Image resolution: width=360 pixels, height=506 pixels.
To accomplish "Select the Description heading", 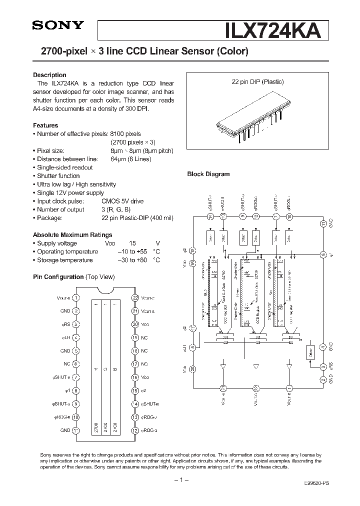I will point(49,75).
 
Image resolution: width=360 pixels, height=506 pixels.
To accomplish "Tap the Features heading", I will point(45,125).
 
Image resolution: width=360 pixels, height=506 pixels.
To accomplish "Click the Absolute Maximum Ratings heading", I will point(72,234).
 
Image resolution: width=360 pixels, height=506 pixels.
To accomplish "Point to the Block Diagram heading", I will point(208,174).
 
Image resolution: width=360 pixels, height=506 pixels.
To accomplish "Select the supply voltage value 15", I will point(132,243).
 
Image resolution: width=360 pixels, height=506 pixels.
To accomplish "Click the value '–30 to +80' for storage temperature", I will point(132,260).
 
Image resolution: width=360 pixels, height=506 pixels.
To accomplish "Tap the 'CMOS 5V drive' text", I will point(122,201).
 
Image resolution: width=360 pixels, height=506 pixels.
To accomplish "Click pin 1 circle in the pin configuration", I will point(75,297).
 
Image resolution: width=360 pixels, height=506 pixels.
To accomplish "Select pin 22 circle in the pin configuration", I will point(135,297).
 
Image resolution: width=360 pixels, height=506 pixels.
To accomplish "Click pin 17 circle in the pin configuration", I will point(135,364).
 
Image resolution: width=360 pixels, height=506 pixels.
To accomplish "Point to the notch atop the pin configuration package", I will point(105,290).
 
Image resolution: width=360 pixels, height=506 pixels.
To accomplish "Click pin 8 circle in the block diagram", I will point(323,254).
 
